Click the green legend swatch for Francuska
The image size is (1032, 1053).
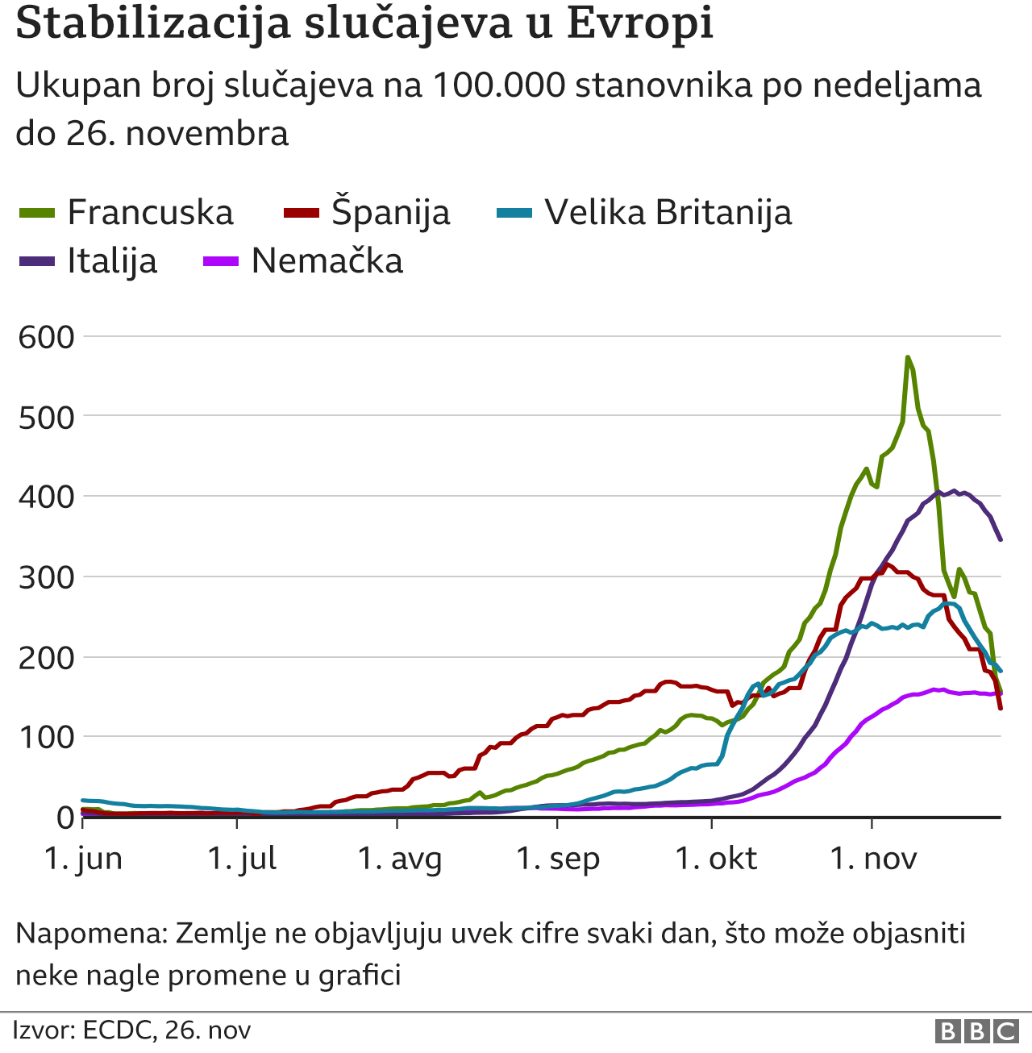[x=36, y=214]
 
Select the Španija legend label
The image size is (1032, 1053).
[x=390, y=213]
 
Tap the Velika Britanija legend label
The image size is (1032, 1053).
[x=668, y=213]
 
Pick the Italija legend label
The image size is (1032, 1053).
[x=112, y=261]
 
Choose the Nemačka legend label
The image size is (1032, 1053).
[x=327, y=261]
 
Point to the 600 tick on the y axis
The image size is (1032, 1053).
[x=46, y=337]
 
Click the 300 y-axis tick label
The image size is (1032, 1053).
[x=46, y=577]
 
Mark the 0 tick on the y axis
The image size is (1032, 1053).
[x=65, y=818]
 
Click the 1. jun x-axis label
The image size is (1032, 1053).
[x=83, y=859]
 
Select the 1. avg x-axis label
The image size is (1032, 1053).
[x=400, y=859]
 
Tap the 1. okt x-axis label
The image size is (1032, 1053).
[x=716, y=859]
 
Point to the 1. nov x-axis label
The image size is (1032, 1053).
[x=873, y=859]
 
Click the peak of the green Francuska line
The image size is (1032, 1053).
[x=908, y=357]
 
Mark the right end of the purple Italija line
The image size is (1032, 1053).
[x=1001, y=539]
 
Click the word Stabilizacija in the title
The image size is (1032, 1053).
[x=152, y=23]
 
